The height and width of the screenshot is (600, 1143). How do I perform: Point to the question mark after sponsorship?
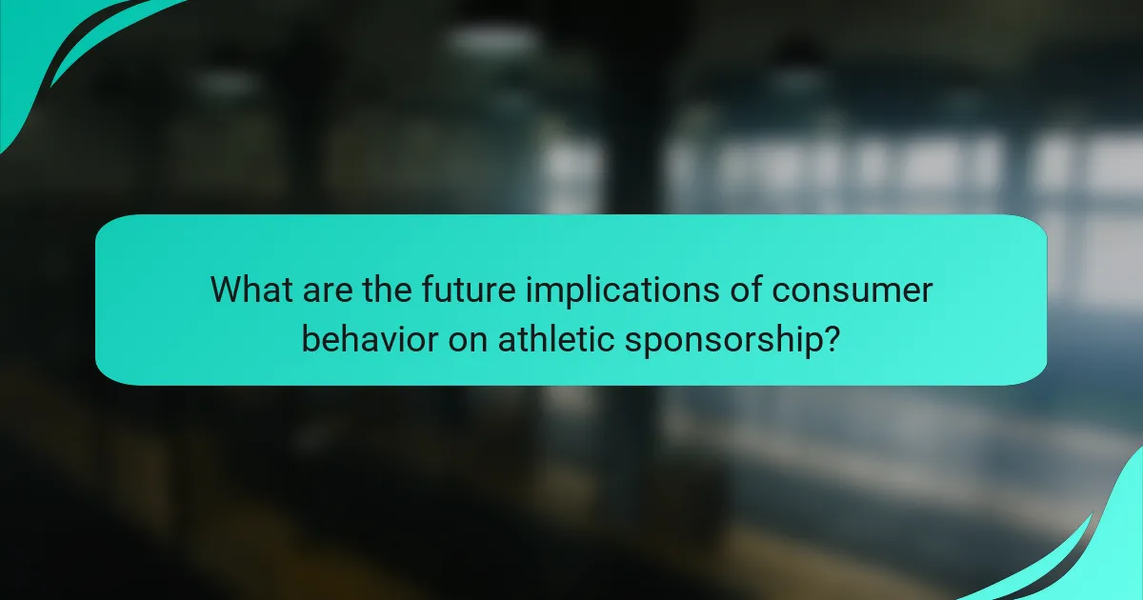[x=831, y=338]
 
